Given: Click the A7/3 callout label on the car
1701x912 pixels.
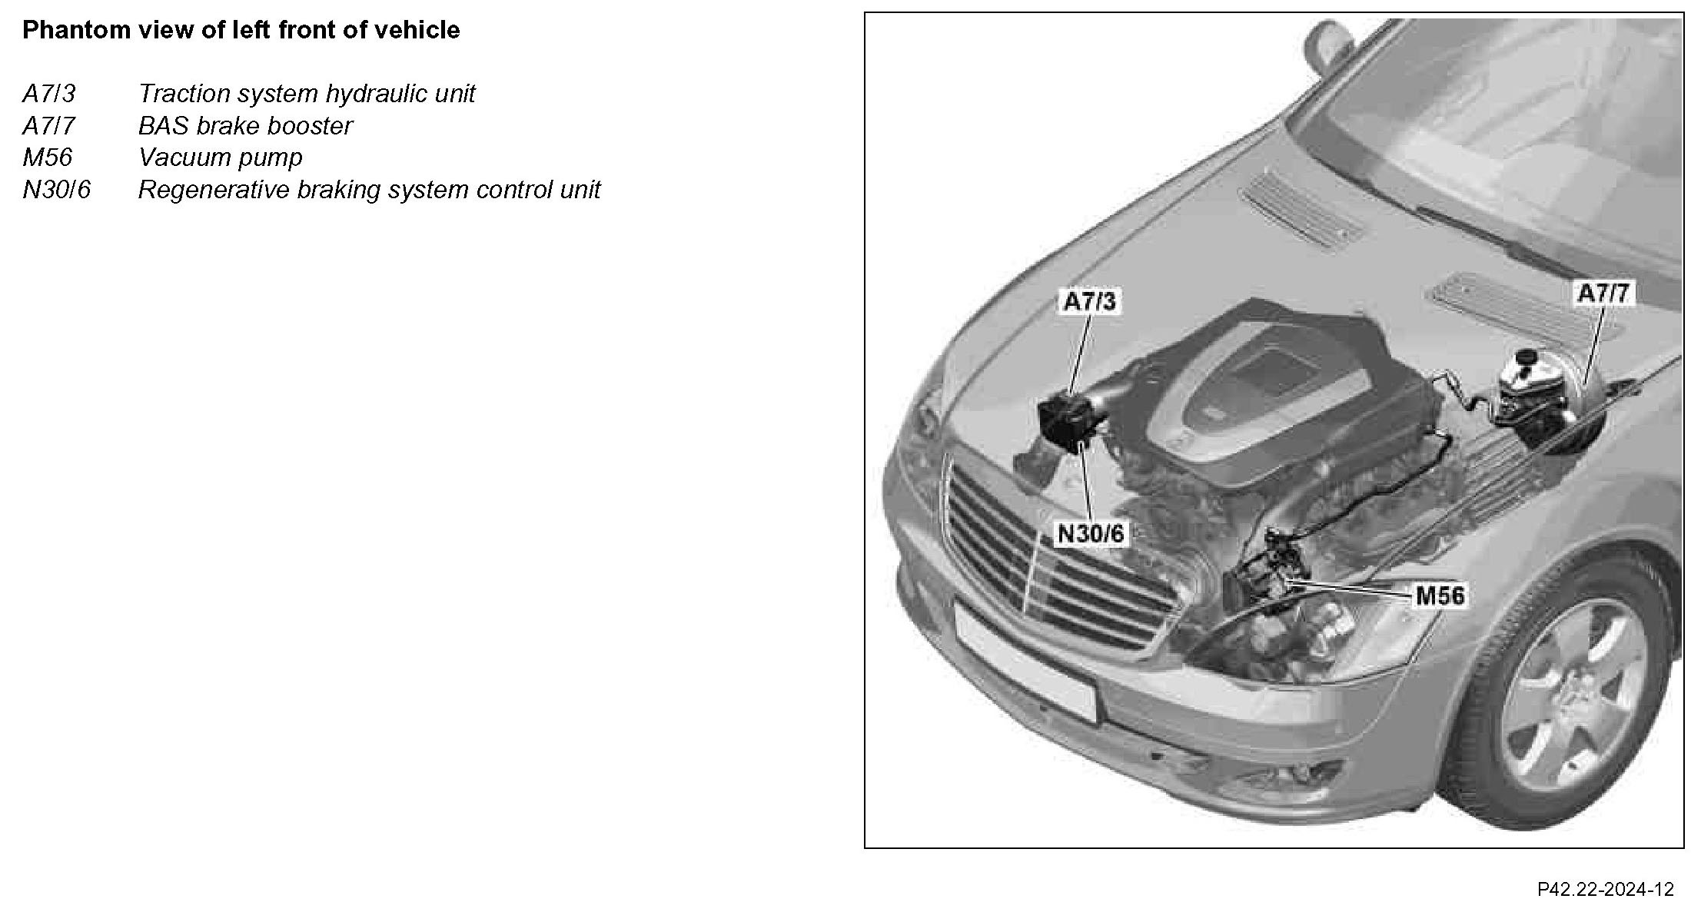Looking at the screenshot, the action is point(1089,301).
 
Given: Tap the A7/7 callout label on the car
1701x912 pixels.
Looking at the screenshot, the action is point(1603,293).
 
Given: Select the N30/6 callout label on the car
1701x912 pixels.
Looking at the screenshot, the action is point(1091,533).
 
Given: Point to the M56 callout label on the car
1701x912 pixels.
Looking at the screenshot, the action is point(1440,595).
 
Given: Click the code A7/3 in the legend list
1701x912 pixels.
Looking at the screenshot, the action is point(49,94).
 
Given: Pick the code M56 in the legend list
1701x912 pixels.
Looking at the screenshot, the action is point(48,158).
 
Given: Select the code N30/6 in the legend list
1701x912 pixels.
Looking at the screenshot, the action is point(57,190).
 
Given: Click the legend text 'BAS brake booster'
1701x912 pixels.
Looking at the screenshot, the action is point(245,126).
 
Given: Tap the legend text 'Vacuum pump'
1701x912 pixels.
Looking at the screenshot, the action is point(221,158).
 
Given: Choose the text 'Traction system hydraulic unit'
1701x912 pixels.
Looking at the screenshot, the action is point(307,94).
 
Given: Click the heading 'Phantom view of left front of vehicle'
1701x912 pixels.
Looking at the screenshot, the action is point(241,30).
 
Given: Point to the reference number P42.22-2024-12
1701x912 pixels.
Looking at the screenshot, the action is point(1605,890).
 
